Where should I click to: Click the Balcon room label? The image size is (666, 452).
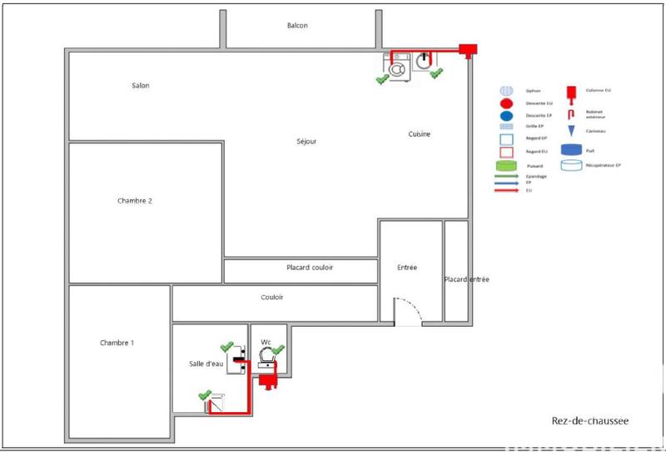(297, 26)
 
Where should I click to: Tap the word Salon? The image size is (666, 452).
(140, 86)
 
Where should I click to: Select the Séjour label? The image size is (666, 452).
(306, 142)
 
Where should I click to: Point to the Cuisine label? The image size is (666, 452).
(419, 134)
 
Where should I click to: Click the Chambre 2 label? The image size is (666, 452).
(135, 201)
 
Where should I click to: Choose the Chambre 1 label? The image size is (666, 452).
(117, 343)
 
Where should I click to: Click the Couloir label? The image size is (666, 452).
(271, 297)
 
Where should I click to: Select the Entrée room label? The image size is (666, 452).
(407, 268)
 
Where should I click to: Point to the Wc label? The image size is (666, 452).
(266, 342)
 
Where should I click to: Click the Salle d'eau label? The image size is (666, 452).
(206, 364)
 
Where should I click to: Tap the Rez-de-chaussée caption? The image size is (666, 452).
(590, 421)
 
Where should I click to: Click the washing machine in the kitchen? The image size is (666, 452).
(398, 66)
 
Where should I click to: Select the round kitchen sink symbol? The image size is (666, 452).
(425, 61)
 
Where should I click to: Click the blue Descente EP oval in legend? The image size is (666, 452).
(505, 114)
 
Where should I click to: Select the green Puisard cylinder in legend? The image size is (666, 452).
(505, 166)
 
